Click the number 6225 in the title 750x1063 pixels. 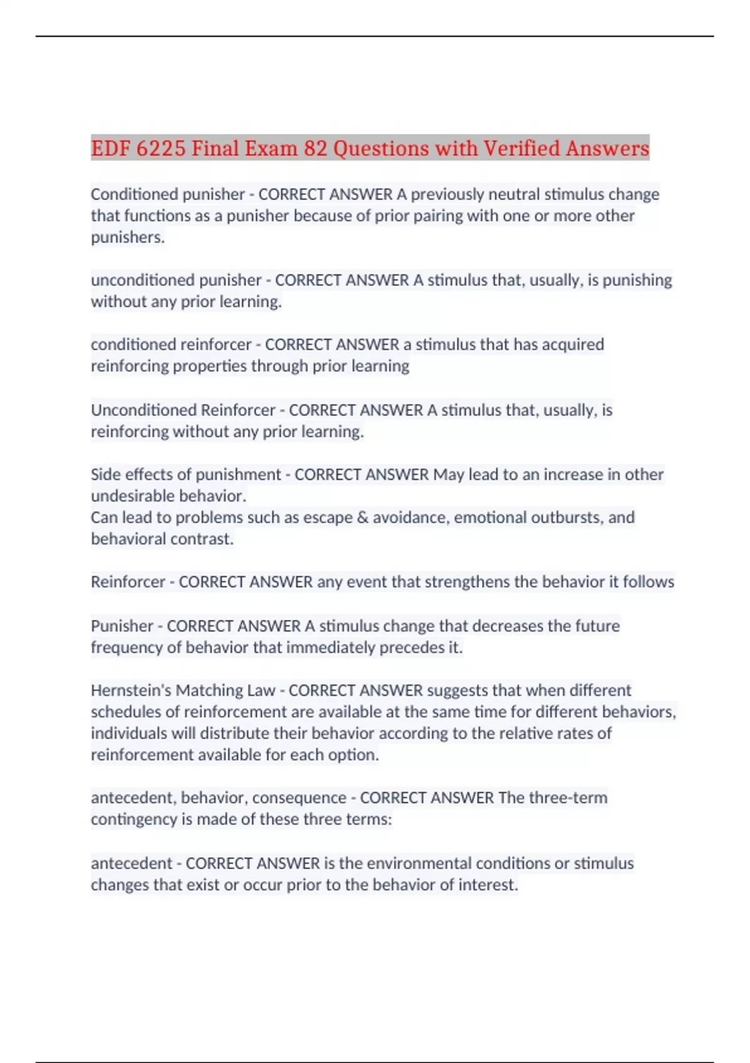pos(161,149)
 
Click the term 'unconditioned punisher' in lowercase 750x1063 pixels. pos(176,280)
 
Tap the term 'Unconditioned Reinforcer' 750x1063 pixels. pos(183,410)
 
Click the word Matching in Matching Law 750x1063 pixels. pos(202,690)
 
